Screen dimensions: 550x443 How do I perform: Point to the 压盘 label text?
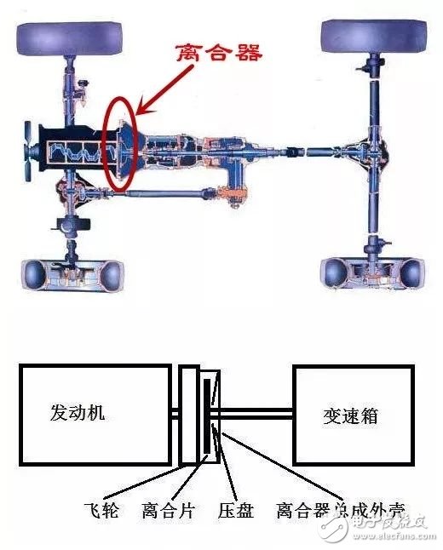click(233, 511)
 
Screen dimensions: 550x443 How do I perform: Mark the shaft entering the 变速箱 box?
click(256, 415)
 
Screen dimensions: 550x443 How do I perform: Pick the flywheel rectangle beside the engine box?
click(189, 415)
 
